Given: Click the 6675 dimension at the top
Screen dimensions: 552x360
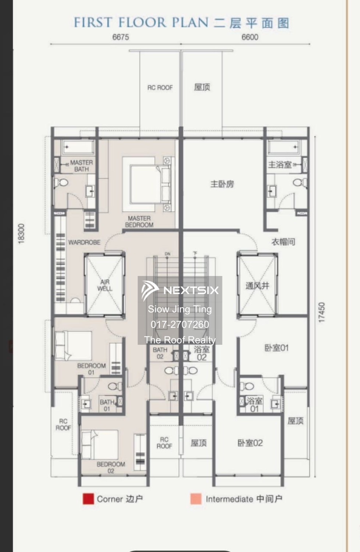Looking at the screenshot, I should tap(121, 37).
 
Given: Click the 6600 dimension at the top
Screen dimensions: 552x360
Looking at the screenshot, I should tap(250, 37).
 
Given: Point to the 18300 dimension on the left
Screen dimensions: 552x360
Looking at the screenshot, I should tap(21, 233).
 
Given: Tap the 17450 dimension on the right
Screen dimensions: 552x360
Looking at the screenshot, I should tap(322, 312).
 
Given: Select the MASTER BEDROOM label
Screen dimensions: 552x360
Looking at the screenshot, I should tap(139, 222).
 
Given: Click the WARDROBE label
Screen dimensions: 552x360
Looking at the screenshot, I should tap(84, 243).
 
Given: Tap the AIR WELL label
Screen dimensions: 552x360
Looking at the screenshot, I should tap(105, 285).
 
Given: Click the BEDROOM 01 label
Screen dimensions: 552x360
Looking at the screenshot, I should tap(91, 369).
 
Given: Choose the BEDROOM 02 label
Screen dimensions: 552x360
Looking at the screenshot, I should tap(111, 467).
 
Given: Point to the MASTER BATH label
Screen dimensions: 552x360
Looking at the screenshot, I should tap(81, 166).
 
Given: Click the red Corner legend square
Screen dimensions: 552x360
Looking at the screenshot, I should tap(88, 499).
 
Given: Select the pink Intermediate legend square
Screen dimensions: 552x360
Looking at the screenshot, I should tap(196, 499).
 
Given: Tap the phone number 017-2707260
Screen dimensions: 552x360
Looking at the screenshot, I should tap(180, 325).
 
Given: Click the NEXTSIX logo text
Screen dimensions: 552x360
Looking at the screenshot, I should tap(191, 290).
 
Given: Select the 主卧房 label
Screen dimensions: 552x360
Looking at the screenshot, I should tap(222, 184).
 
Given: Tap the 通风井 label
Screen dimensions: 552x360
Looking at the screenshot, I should tap(257, 286).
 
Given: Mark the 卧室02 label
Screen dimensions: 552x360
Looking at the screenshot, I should tap(250, 443).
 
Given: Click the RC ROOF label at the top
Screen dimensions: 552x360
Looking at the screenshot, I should tap(160, 88).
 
